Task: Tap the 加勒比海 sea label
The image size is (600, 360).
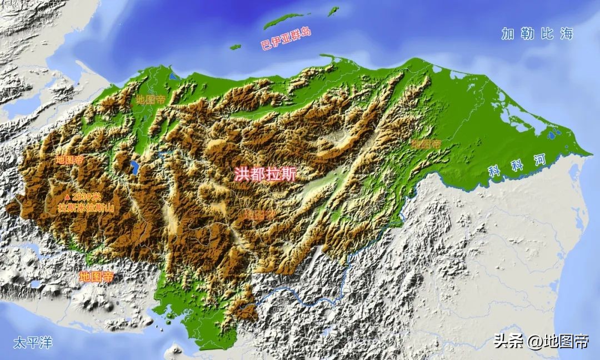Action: [537, 34]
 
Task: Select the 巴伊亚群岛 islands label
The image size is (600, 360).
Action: [286, 38]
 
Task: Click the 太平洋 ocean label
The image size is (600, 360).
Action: [33, 342]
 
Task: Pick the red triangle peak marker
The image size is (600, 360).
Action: [67, 197]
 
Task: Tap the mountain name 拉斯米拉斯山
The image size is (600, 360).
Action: [86, 208]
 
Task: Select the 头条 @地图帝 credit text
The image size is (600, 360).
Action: [541, 341]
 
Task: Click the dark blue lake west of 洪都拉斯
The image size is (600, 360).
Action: [134, 167]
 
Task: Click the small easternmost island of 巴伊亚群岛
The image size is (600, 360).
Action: [333, 11]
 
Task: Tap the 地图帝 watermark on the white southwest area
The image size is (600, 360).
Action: [96, 276]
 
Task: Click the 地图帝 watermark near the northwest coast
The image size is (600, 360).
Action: [150, 101]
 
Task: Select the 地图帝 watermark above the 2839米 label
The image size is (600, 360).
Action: [69, 160]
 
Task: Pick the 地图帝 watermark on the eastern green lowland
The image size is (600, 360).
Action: [426, 143]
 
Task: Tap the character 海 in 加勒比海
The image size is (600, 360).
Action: [566, 34]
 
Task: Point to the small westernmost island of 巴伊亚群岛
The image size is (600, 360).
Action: [236, 47]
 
